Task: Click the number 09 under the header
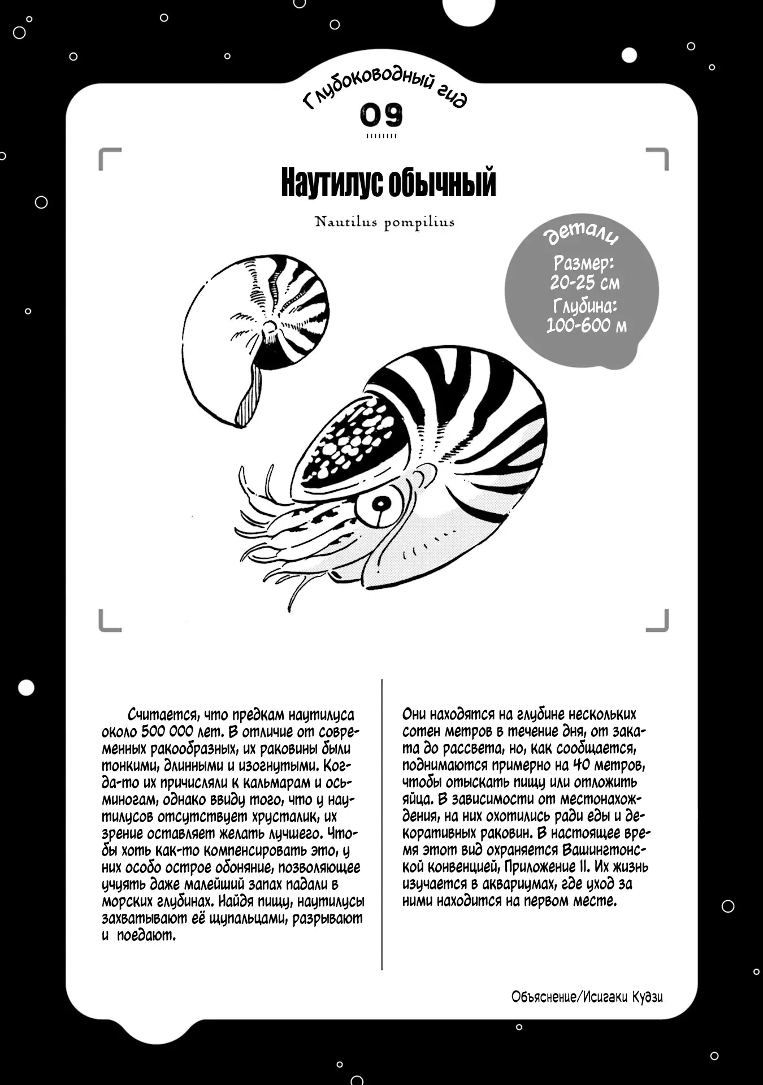coord(382,115)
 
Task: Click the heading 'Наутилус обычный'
coord(388,183)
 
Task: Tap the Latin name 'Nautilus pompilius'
coord(384,222)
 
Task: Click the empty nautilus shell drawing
coord(254,339)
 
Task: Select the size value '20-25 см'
coord(584,283)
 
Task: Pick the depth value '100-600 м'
coord(586,325)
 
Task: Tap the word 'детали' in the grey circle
coord(582,236)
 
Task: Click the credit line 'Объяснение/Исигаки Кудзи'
coord(587,997)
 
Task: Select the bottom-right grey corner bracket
coord(658,620)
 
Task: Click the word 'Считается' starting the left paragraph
coord(162,715)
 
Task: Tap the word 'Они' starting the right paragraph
coord(414,714)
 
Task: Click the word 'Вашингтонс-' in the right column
coord(605,850)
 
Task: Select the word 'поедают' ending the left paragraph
coord(146,935)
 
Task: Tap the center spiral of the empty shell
coord(270,327)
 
